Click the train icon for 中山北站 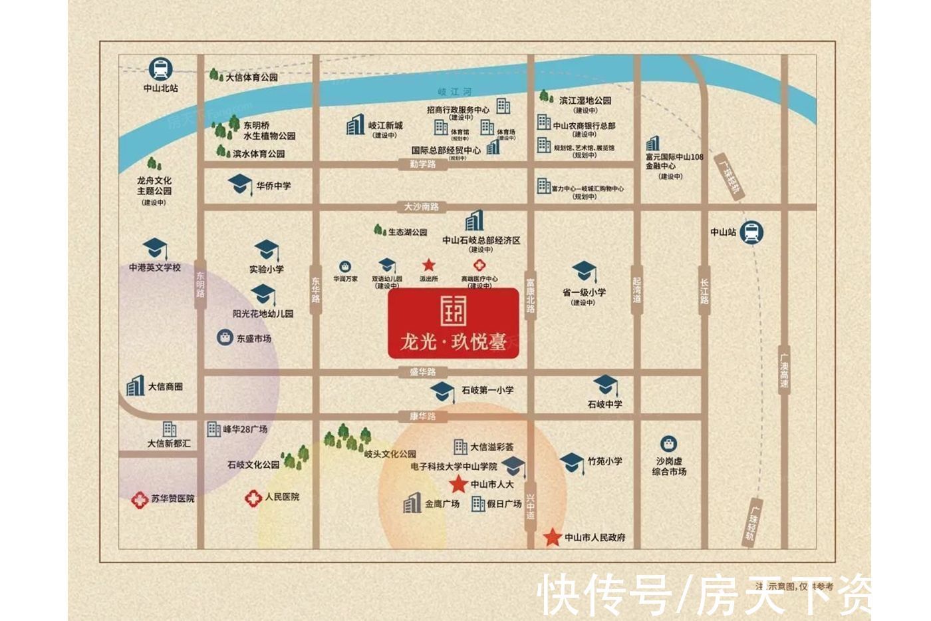(160, 69)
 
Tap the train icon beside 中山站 (751, 232)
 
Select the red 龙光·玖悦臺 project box (454, 323)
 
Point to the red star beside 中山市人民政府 (552, 537)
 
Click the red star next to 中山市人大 (458, 484)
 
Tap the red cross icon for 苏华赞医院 (139, 499)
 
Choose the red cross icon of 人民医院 (253, 498)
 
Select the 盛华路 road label (423, 372)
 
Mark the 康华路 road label (423, 417)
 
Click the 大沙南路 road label (422, 207)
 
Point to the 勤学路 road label (423, 164)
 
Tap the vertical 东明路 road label (201, 284)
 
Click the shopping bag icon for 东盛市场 (225, 337)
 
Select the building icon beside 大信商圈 (135, 386)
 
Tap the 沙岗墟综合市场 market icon (668, 444)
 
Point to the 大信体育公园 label (251, 77)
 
